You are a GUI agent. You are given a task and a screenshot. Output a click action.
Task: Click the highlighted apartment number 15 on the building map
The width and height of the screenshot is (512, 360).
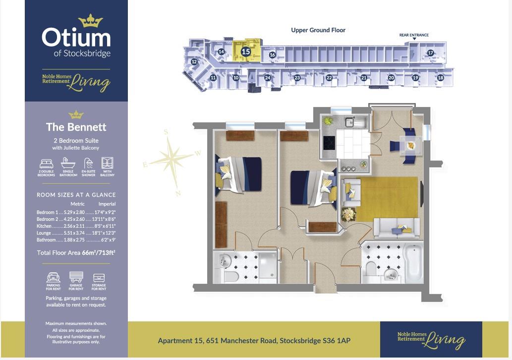[x=245, y=51]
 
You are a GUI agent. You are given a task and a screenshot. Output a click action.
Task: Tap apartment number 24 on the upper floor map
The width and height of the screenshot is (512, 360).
[x=268, y=78]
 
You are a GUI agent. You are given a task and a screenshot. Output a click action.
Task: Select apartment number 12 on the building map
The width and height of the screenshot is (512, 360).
[x=194, y=62]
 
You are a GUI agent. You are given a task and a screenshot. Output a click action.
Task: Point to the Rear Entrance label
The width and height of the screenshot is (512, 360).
[x=414, y=35]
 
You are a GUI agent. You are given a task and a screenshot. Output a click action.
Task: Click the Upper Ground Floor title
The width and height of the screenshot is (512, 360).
[x=318, y=30]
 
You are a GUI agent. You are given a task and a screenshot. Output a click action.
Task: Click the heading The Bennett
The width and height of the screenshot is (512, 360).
[x=76, y=127]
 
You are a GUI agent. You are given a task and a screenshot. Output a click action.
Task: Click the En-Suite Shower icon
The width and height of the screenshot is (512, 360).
[x=88, y=163]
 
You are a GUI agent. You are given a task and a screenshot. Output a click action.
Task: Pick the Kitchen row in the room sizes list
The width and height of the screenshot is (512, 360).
[x=76, y=226]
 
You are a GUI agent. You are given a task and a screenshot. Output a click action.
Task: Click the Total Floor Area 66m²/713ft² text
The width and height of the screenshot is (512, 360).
[x=76, y=253]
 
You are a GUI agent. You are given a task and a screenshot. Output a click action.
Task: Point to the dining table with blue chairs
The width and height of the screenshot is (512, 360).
[x=410, y=145]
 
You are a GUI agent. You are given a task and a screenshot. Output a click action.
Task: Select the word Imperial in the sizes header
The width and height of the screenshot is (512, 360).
[x=107, y=204]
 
